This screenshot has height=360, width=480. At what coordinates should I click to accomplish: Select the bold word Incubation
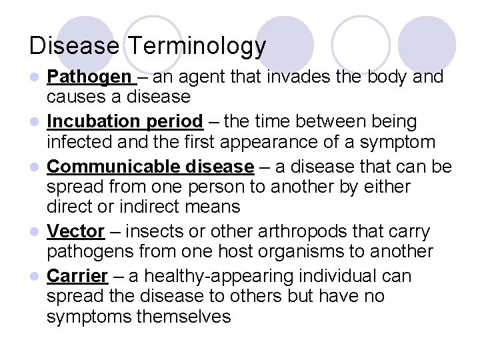pos(89,122)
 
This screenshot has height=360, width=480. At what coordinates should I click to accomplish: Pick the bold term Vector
pos(75,232)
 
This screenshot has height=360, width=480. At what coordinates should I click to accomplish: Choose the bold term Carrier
pos(77,276)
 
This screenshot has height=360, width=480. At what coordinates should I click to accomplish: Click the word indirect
pos(156,207)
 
